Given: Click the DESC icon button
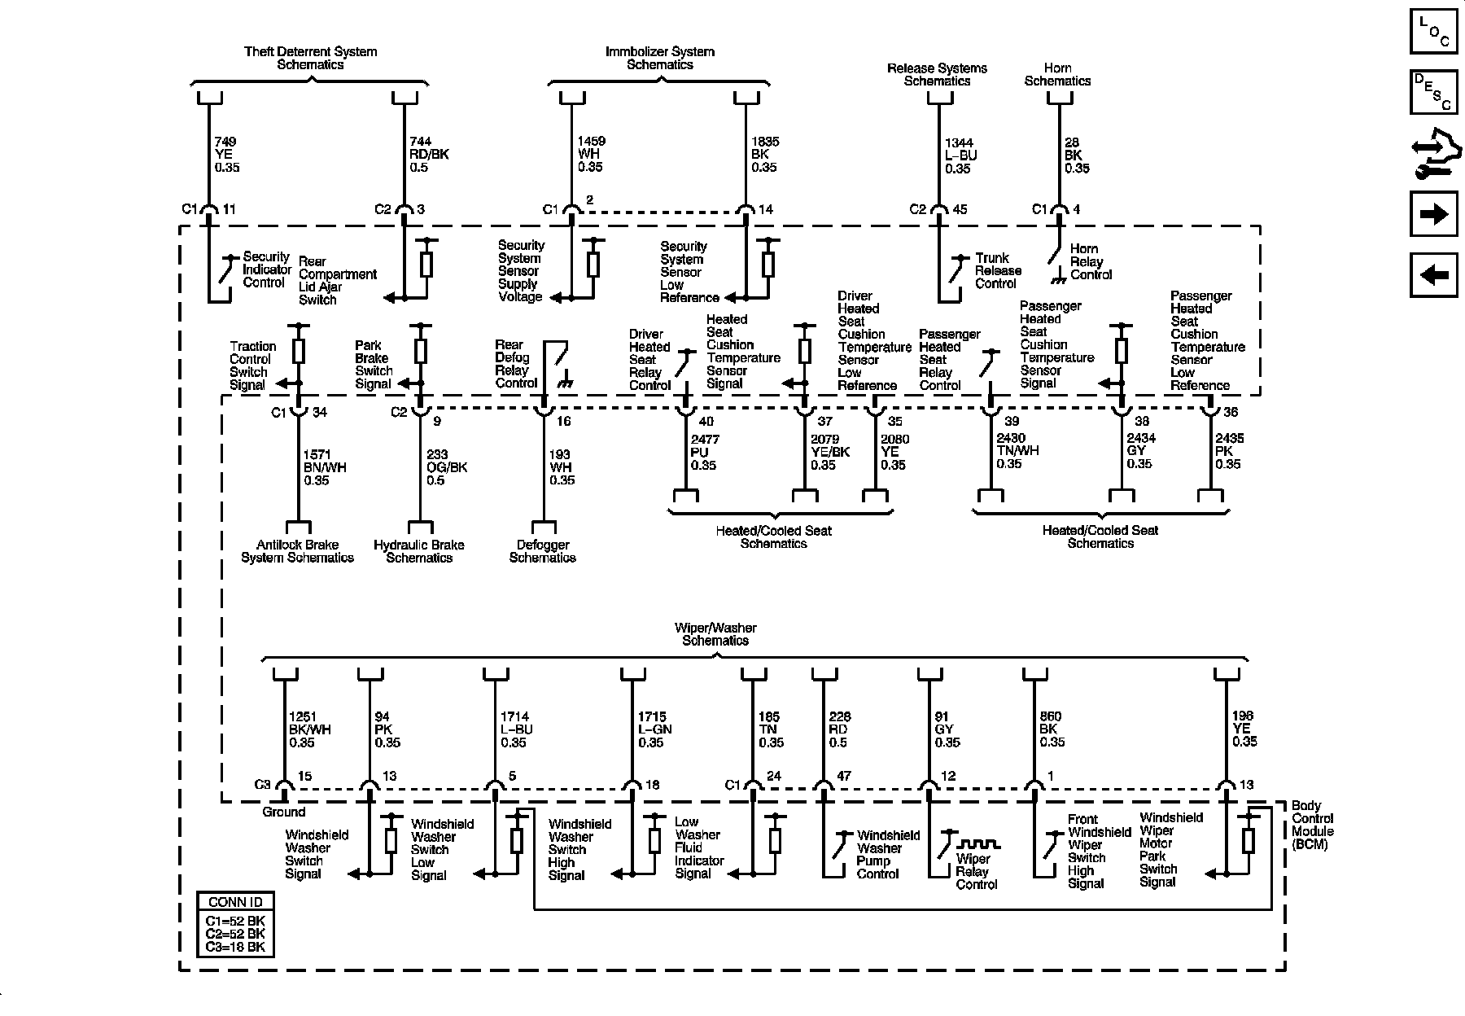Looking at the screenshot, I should coord(1433,92).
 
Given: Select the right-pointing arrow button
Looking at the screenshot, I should coord(1433,214).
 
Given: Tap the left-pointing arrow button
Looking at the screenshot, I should coord(1433,275).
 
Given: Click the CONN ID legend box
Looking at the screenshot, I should coord(235,924).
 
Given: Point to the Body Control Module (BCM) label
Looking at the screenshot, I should coord(1312,825).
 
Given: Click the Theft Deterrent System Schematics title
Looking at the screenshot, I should coord(310,58).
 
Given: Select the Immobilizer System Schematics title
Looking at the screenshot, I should coord(659,58).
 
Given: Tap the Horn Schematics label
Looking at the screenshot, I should coord(1057,74).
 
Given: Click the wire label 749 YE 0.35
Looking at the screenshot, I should coord(226,155).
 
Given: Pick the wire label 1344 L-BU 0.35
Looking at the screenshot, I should coord(960,155).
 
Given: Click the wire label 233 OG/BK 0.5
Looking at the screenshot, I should coord(447,467).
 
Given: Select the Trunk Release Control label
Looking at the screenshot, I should coord(998,270).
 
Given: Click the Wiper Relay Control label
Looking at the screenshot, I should coord(976,871).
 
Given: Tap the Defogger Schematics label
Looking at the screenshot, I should coord(542,551).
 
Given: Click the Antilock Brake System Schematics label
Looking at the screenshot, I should coord(297,551).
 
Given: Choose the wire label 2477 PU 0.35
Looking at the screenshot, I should coord(704,453).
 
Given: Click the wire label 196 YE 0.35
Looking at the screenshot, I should coord(1244,729).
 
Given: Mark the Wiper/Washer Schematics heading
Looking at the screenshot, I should coord(715,634).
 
